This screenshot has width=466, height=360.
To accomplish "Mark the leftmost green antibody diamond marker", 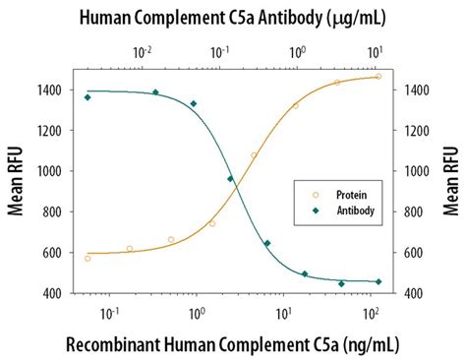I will [x=87, y=97].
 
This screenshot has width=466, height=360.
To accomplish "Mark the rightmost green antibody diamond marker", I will [x=379, y=282].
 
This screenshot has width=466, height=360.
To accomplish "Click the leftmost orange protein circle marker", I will [x=87, y=258].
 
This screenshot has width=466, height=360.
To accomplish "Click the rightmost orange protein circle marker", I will [x=379, y=77].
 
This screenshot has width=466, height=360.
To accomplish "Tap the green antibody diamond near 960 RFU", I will [x=230, y=179].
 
